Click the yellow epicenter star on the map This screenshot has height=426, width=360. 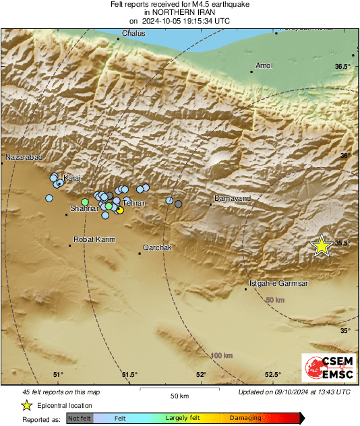[x=322, y=247]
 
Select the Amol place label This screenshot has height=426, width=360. [x=264, y=65]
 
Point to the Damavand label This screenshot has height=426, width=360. [x=232, y=198]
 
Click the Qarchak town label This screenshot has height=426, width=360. [x=158, y=247]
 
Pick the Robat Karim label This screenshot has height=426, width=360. [x=94, y=239]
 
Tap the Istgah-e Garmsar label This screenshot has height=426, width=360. [x=278, y=284]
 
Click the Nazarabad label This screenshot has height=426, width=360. [x=24, y=157]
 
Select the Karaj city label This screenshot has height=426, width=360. [x=71, y=178]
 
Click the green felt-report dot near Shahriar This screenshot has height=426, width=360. [x=85, y=202]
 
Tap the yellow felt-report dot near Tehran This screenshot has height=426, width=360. [x=120, y=210]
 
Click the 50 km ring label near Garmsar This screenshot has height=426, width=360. [x=275, y=299]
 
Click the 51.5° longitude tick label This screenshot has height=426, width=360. [x=129, y=375]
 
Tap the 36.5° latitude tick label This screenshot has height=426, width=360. [x=343, y=66]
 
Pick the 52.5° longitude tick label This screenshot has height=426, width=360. [x=272, y=375]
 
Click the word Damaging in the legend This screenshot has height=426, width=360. [x=245, y=418]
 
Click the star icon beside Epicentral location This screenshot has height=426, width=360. [x=26, y=405]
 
